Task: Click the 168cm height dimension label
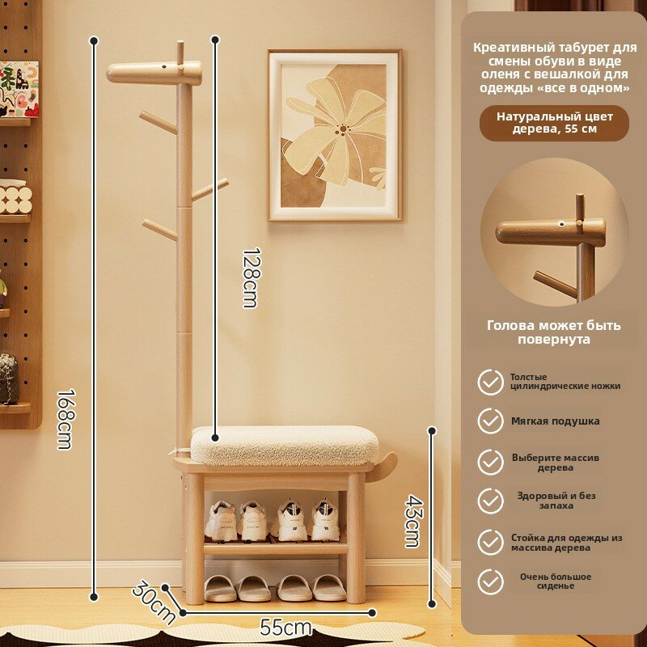point(66,419)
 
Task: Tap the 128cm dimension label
point(251,277)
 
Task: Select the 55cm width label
point(286,628)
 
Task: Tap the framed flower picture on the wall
point(334,135)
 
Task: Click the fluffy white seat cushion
point(285,446)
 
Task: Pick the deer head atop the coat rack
point(154,73)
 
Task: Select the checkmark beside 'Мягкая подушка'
point(491,421)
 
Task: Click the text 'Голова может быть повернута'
point(554,332)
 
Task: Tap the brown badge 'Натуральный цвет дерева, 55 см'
point(555,123)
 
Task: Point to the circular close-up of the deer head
point(555,233)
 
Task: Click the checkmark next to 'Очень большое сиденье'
point(491,581)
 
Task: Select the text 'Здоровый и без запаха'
point(556,501)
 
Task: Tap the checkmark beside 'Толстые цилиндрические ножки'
point(491,382)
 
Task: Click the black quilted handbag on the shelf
point(9,378)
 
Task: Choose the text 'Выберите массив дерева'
point(556,462)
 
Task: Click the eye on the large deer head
point(164,66)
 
